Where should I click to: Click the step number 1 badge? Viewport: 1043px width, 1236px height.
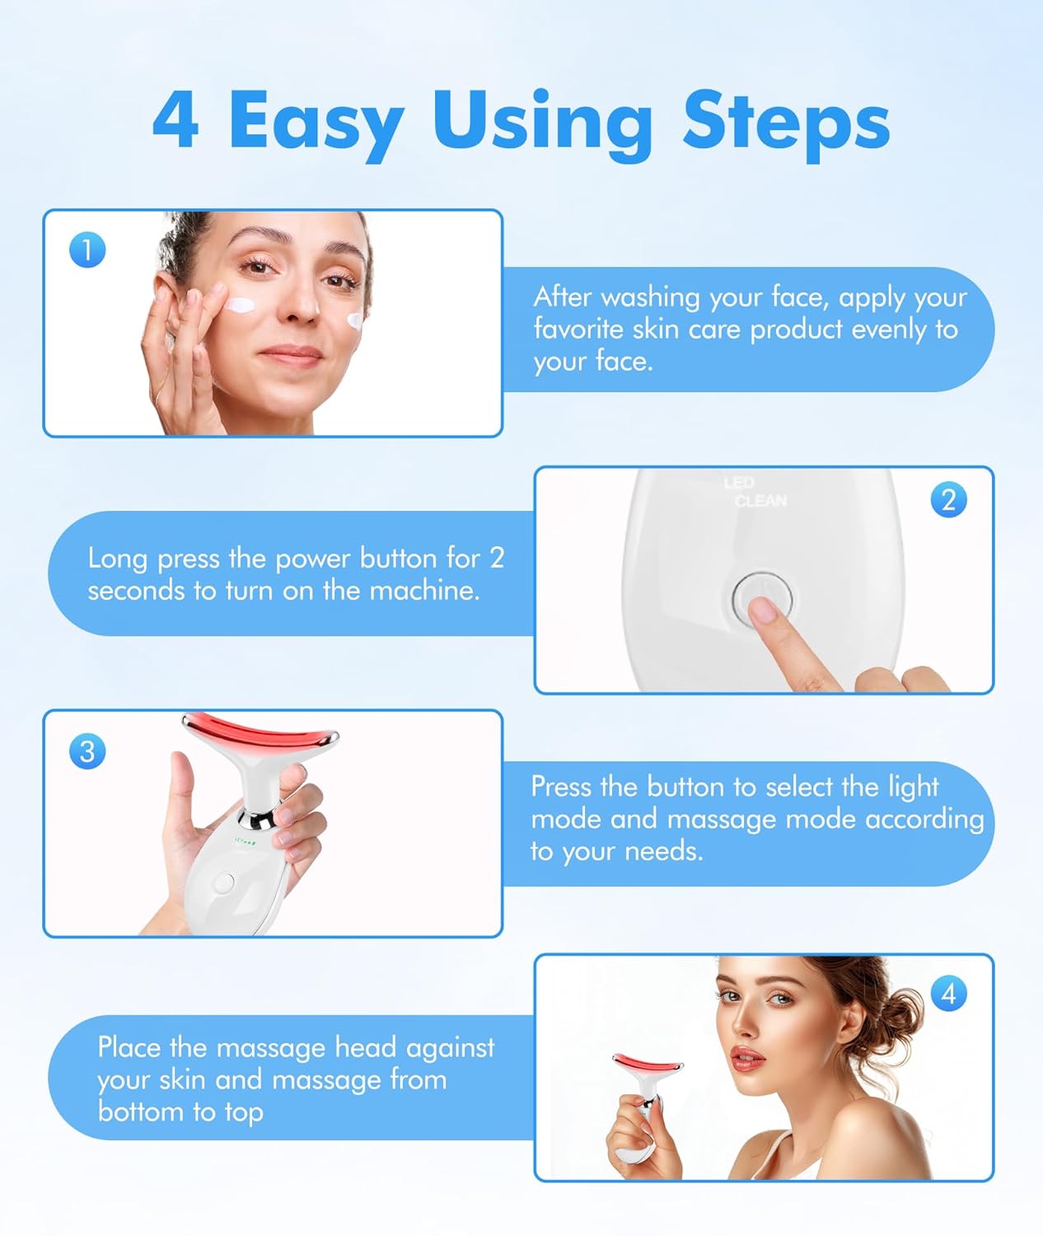tap(87, 250)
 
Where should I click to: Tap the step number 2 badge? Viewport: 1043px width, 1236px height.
tap(948, 500)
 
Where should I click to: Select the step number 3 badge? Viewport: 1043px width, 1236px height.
tap(87, 751)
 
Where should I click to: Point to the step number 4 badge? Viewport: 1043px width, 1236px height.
tap(948, 994)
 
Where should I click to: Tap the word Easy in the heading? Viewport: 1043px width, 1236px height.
tap(316, 124)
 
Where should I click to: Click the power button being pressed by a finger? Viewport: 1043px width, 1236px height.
tap(762, 595)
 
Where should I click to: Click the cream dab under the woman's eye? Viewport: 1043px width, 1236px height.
tap(242, 305)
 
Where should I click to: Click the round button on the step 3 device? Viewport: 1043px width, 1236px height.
tap(222, 883)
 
